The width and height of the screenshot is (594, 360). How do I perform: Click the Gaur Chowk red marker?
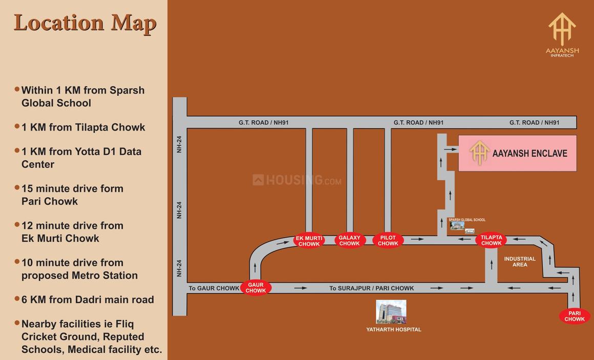point(256,287)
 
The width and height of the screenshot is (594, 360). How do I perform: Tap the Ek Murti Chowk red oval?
point(309,241)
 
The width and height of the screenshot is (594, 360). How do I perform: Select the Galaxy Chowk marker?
point(350,241)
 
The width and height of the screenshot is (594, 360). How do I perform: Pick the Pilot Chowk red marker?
point(388,241)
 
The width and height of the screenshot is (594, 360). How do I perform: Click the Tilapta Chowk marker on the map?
point(491,240)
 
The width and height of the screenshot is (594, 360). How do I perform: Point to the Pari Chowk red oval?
point(575,316)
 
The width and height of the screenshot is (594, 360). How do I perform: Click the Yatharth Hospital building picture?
point(391,312)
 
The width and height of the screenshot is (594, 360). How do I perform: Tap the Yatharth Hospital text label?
point(394,330)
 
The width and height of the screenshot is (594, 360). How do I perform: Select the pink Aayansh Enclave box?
point(517,153)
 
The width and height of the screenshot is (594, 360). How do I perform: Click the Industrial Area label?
point(520,262)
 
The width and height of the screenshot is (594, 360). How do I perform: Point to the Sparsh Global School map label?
point(466,220)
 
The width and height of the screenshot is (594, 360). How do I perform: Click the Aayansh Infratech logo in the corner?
point(562,34)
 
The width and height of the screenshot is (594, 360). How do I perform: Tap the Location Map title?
point(85,23)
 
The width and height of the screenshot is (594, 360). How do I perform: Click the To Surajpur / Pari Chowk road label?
point(371,288)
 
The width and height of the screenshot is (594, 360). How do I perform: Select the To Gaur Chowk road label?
point(214,288)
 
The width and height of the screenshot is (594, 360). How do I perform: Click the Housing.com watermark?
point(297,180)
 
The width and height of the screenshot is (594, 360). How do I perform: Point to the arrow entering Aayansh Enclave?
point(451,150)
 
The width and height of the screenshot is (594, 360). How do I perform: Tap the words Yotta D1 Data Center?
point(81,158)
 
